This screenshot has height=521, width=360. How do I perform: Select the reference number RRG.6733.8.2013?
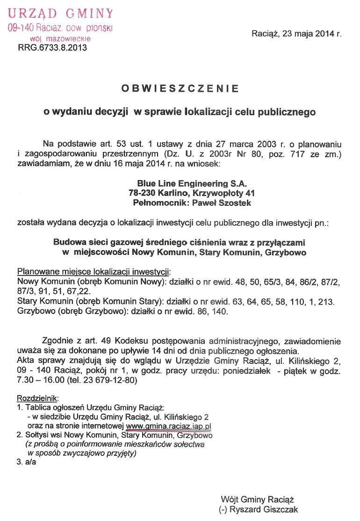[x=52, y=47]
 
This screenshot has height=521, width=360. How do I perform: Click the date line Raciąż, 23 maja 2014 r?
[x=296, y=34]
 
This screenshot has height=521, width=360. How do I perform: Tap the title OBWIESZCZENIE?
[x=180, y=88]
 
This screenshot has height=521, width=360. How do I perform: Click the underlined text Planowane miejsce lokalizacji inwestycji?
[x=94, y=272]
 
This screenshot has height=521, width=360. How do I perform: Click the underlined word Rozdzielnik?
[x=37, y=398]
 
